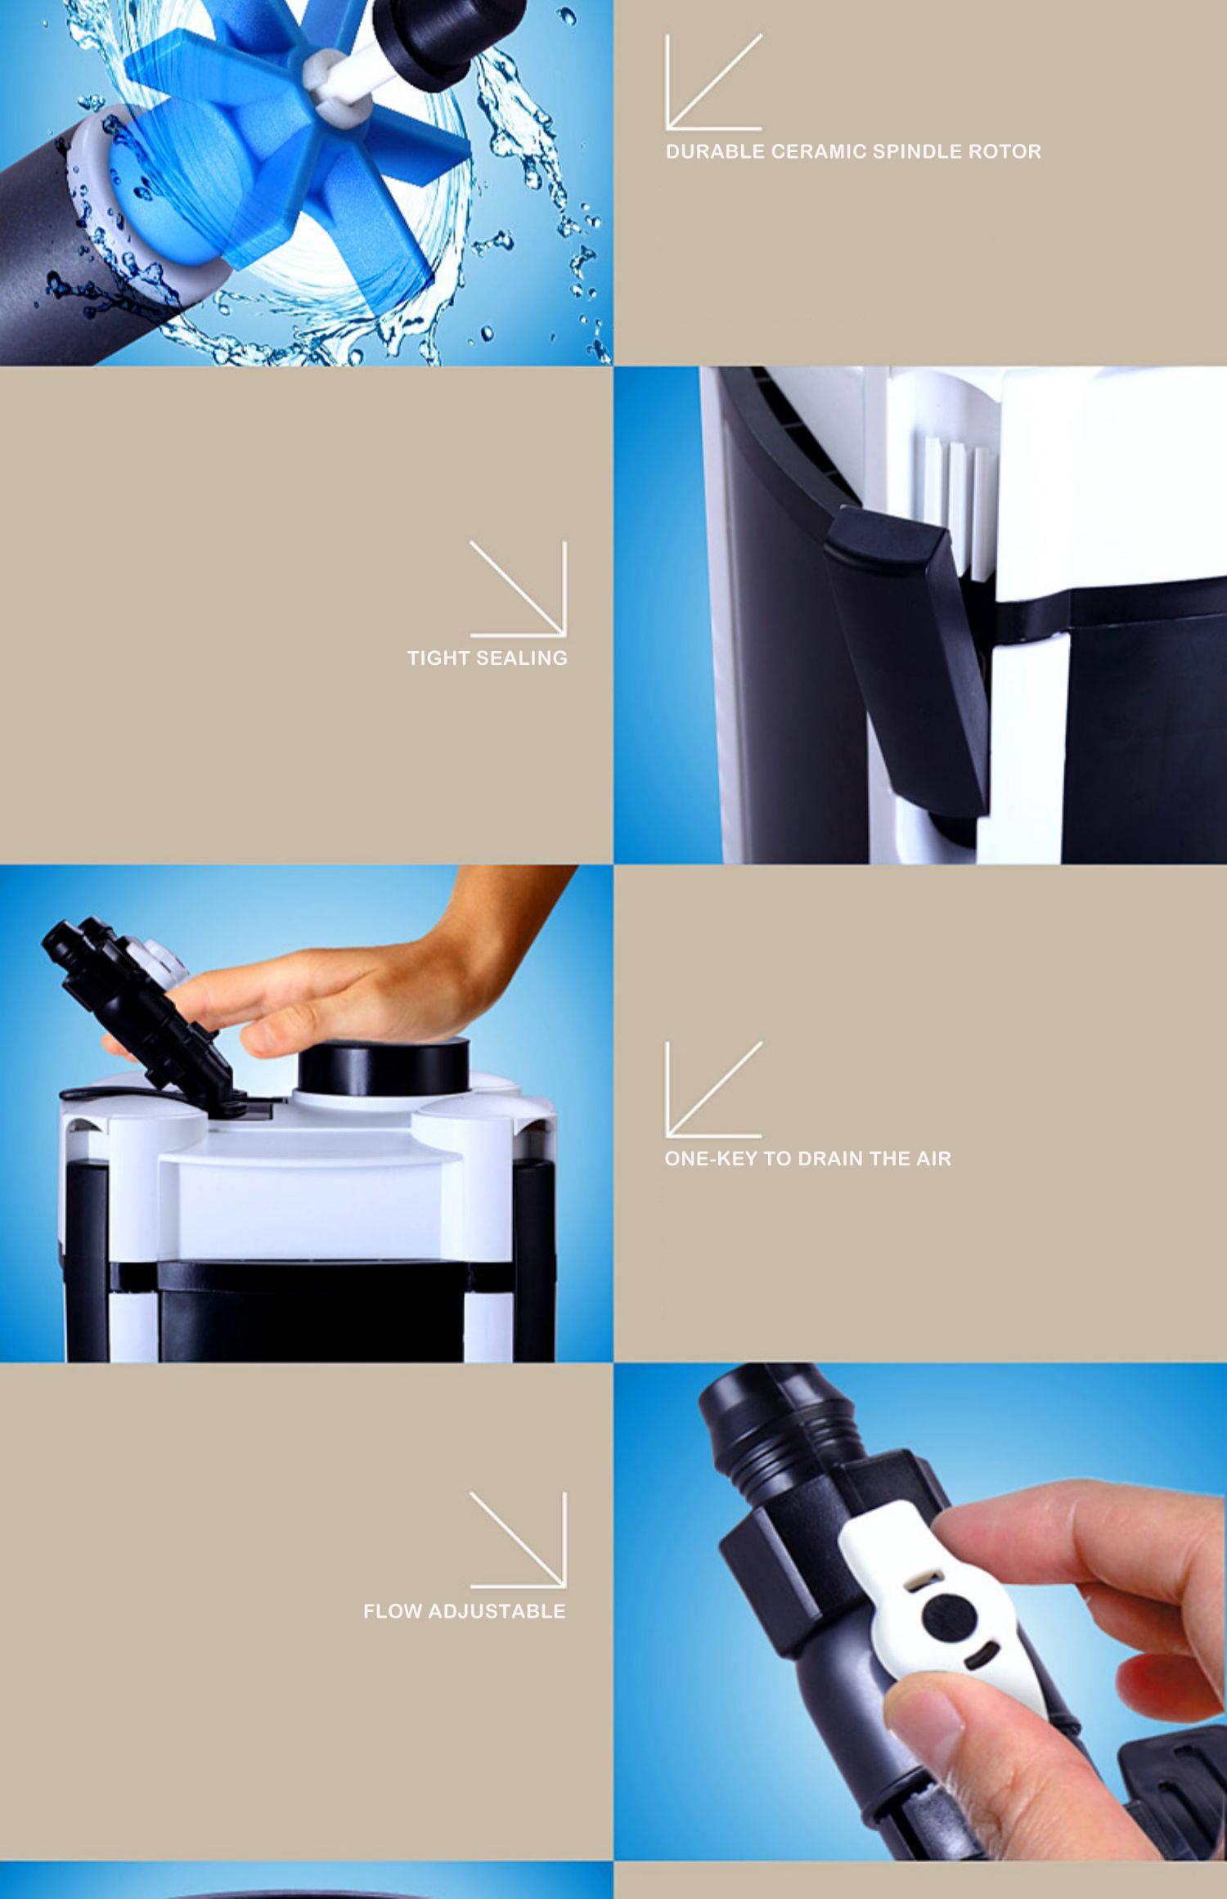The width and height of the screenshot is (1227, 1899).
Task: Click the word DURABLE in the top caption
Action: click(x=715, y=151)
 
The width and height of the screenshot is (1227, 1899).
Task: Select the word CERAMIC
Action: click(x=819, y=151)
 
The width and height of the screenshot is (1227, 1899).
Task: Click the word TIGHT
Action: click(x=438, y=658)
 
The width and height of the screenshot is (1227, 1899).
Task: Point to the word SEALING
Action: click(x=522, y=658)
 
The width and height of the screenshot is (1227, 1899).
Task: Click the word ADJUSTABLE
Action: click(x=497, y=1612)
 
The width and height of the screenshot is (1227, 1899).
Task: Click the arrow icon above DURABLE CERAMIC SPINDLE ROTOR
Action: click(x=713, y=82)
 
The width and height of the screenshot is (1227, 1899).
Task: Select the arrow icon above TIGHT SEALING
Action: click(x=518, y=589)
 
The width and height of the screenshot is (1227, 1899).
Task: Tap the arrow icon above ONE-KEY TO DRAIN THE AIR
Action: click(x=713, y=1089)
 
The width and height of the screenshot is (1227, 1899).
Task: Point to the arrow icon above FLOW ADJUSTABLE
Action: click(x=518, y=1540)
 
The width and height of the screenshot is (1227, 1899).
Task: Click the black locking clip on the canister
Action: click(x=908, y=654)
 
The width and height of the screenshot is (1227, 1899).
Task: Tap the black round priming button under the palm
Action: click(x=384, y=1066)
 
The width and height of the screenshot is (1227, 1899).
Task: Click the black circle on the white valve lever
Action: click(x=949, y=1617)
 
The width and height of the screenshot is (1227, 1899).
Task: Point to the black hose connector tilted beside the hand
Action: click(x=135, y=1006)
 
